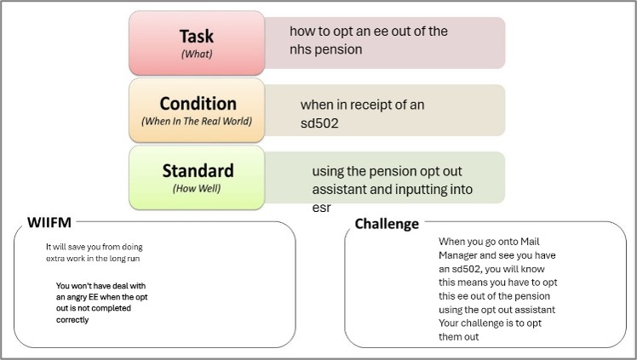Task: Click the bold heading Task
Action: (196, 37)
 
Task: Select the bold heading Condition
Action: (198, 104)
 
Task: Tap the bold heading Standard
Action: (198, 170)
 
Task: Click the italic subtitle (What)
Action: (196, 54)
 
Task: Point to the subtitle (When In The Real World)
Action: (197, 122)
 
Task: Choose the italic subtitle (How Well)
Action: (197, 188)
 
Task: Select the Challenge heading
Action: (387, 224)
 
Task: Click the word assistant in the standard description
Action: (339, 189)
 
